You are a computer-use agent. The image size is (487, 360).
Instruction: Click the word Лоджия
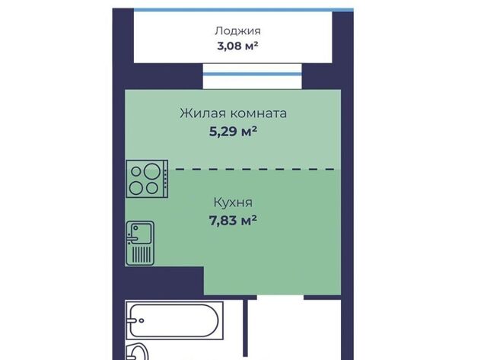click(237, 31)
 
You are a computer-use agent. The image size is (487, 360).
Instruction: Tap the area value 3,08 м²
click(237, 46)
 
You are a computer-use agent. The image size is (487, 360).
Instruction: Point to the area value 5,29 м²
click(233, 132)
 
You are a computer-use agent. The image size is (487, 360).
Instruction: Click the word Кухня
click(233, 202)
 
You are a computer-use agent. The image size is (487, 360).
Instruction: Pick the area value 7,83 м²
click(233, 221)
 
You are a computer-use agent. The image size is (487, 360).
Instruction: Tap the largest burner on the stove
click(152, 171)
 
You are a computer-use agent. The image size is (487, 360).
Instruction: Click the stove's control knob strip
click(166, 179)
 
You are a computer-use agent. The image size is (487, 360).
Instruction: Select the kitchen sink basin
click(141, 233)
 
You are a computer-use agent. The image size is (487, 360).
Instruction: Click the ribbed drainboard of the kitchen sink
click(142, 254)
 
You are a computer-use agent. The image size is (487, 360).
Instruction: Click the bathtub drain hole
click(142, 320)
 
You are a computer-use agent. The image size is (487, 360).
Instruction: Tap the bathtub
click(174, 320)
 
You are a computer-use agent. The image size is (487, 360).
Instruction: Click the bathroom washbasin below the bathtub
click(137, 352)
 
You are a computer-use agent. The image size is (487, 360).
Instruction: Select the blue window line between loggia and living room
click(252, 74)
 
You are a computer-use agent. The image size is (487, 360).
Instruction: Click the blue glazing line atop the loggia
click(243, 10)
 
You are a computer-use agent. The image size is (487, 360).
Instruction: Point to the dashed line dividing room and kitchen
click(255, 169)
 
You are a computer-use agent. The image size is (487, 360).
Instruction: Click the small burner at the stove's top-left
click(136, 171)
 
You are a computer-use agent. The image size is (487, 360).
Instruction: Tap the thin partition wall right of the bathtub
click(245, 328)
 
